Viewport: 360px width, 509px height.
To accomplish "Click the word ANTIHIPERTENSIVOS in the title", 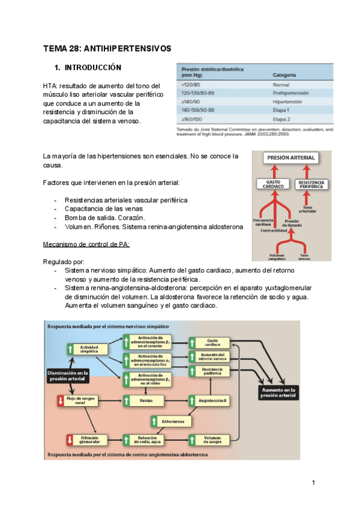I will [127, 47].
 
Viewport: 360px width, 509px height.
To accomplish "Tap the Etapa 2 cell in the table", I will [281, 119].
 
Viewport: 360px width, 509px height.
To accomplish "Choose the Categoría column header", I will [287, 75].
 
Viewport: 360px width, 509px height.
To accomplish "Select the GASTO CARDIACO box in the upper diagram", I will [273, 184].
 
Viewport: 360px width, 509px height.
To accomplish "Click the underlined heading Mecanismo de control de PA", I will [86, 244].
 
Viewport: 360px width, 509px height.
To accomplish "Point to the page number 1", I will [313, 483].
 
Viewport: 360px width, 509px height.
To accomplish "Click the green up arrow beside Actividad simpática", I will [71, 349].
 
